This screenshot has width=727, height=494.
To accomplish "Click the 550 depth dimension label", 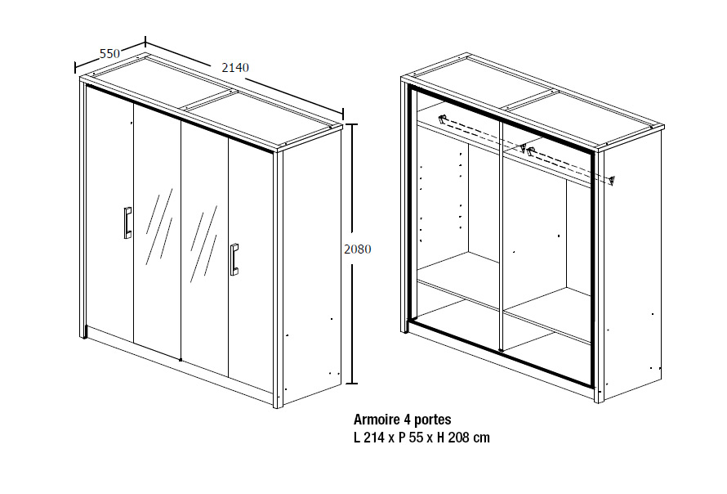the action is coord(110,54).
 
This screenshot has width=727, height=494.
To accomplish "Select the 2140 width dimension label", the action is coord(235,68).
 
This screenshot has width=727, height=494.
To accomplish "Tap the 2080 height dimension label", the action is coord(358,249).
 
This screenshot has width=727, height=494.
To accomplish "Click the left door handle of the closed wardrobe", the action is coord(127,222).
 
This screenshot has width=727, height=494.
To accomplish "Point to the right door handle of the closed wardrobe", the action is coord(234,259).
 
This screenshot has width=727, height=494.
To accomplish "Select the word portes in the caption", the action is coord(433,420).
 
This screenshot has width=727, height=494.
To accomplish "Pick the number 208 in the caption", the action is coord(457,438).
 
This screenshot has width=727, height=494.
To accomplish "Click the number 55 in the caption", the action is coord(416,438).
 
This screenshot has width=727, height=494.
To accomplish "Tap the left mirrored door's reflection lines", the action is coord(159,227).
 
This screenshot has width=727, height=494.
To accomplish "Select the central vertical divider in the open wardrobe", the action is coord(501,235).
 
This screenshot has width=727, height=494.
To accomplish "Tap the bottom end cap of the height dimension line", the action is coord(352,384).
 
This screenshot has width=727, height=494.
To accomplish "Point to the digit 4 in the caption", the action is coord(408,420).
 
